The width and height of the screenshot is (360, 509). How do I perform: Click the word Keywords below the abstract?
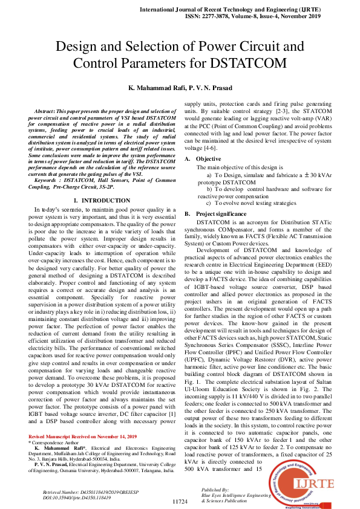48,180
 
